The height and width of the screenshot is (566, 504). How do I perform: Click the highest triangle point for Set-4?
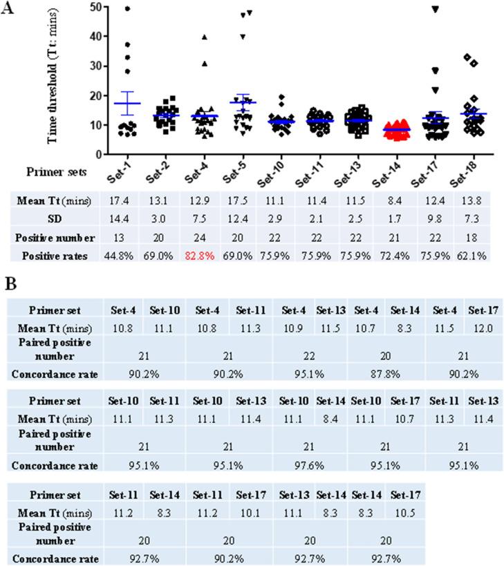(185, 37)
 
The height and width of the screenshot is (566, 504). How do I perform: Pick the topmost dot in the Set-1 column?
(127, 8)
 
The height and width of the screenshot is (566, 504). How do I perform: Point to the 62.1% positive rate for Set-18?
(477, 254)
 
